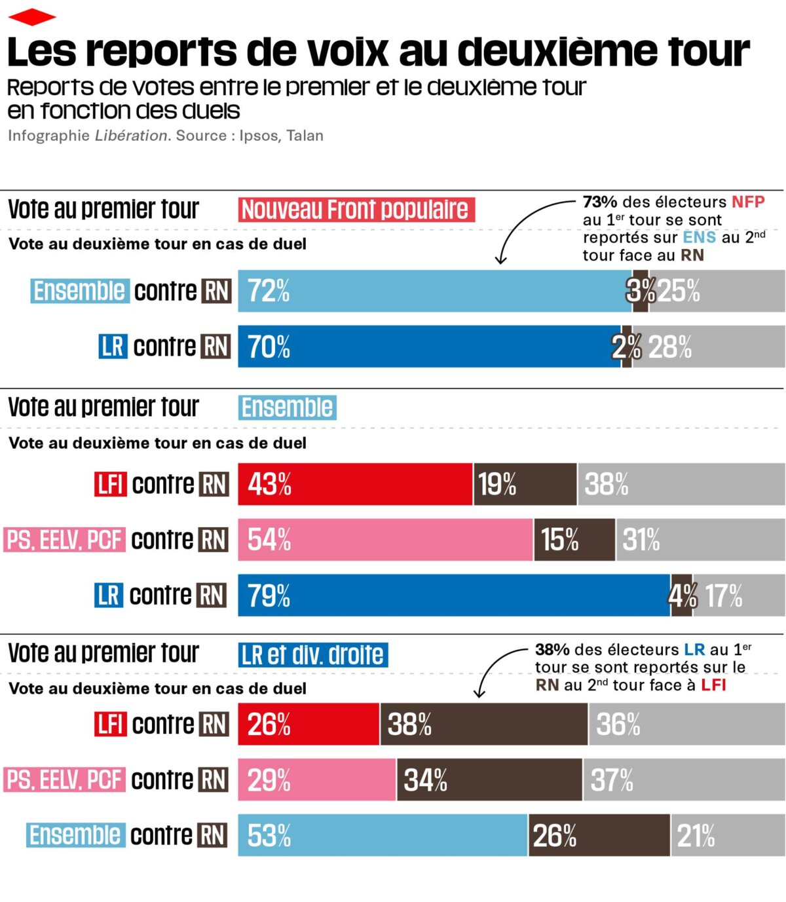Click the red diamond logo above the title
[31, 17]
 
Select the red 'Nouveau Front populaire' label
[356, 210]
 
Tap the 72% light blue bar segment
[432, 291]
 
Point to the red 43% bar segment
[354, 484]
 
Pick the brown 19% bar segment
[525, 484]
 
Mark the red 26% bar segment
[309, 724]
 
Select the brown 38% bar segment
[483, 724]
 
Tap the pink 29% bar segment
[317, 780]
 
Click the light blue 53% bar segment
[383, 835]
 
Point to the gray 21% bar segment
[728, 835]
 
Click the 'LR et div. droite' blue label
[313, 654]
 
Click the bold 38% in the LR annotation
[552, 650]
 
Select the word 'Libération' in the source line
[131, 136]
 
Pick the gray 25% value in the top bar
[679, 291]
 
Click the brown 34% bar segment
[489, 780]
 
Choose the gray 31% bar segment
[700, 540]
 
